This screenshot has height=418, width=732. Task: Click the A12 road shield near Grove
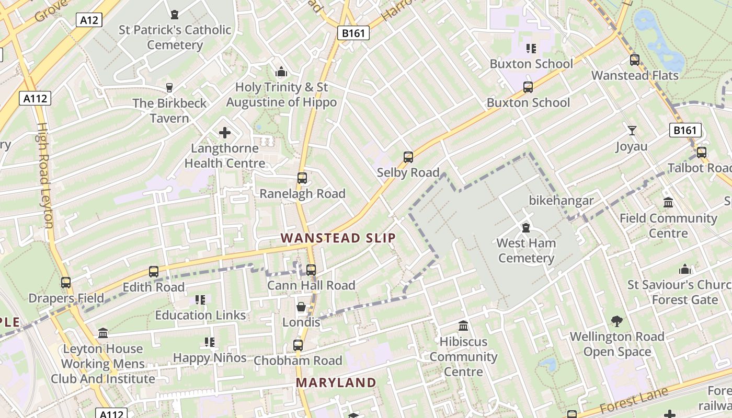pyautogui.click(x=89, y=20)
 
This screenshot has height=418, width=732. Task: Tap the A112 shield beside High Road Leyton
pyautogui.click(x=36, y=98)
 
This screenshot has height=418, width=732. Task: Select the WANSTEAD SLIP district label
pyautogui.click(x=338, y=238)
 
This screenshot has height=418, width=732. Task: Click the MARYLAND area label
pyautogui.click(x=336, y=382)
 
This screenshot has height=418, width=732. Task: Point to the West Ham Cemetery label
pyautogui.click(x=526, y=250)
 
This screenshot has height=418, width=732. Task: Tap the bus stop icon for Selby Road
pyautogui.click(x=408, y=157)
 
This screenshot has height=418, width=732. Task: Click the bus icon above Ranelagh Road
pyautogui.click(x=302, y=178)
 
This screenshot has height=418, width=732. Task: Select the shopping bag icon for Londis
pyautogui.click(x=301, y=307)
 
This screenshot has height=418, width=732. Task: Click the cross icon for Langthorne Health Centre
pyautogui.click(x=225, y=133)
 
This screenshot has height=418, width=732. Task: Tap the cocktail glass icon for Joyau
pyautogui.click(x=632, y=131)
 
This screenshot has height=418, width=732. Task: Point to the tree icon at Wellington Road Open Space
pyautogui.click(x=617, y=321)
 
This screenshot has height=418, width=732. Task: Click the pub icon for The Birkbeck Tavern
pyautogui.click(x=169, y=87)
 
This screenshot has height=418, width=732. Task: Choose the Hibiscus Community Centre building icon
pyautogui.click(x=463, y=327)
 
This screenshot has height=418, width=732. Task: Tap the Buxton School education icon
pyautogui.click(x=531, y=49)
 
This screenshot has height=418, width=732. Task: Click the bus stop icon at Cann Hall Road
pyautogui.click(x=311, y=270)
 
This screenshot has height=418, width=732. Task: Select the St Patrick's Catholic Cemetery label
pyautogui.click(x=175, y=37)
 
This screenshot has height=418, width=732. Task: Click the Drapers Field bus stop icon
pyautogui.click(x=66, y=283)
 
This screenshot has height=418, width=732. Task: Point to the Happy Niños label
pyautogui.click(x=210, y=358)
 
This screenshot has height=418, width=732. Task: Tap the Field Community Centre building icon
pyautogui.click(x=668, y=203)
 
